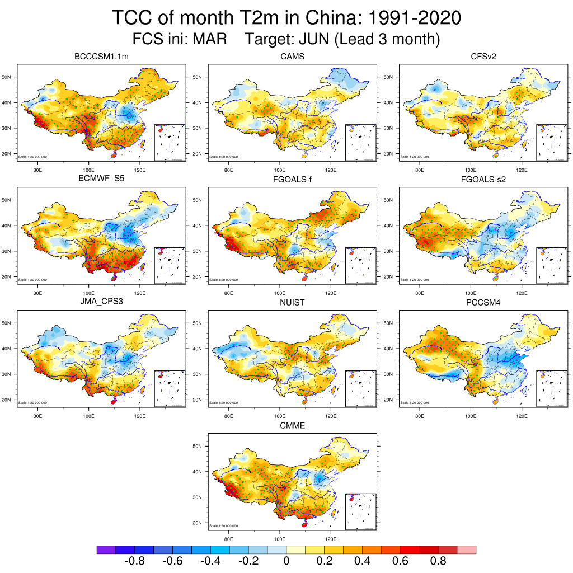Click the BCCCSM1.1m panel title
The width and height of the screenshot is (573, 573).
coord(101,57)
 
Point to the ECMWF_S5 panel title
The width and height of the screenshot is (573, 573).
coord(101,180)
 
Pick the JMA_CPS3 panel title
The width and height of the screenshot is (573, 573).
coord(101,303)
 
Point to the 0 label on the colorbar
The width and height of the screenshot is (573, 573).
coord(286,561)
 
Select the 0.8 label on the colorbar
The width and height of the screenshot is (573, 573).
coord(438,561)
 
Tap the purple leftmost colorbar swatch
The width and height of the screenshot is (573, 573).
coord(106,550)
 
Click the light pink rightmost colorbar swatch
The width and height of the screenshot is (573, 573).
coord(467,550)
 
